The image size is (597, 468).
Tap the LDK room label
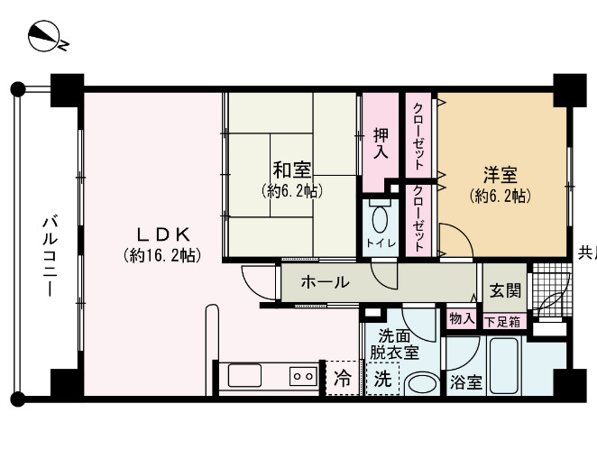[x=161, y=232]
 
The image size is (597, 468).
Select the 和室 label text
[x=292, y=170]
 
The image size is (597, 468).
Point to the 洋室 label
[x=499, y=173]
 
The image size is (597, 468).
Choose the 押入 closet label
[x=382, y=144]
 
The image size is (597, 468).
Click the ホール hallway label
[x=325, y=282]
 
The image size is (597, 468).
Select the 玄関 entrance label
[x=504, y=290]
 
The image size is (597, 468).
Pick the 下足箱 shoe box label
[x=502, y=321]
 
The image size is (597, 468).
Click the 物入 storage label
[x=462, y=318]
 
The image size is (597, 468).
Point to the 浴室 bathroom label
[x=466, y=382]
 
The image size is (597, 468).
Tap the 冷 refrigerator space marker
[x=343, y=377]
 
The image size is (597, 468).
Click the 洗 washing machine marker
[x=383, y=380]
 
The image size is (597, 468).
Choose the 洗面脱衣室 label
[x=398, y=343]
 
